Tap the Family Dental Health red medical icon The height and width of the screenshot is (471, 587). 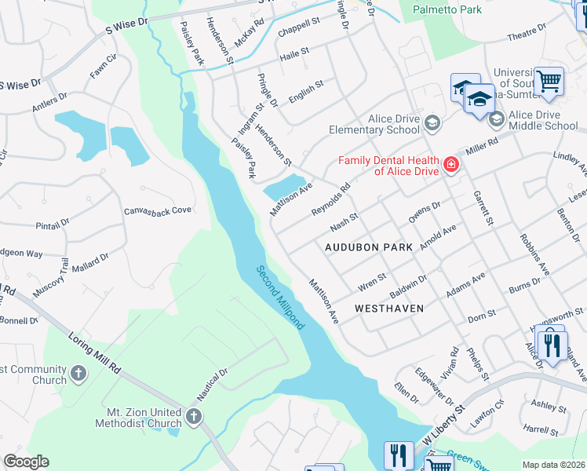450,165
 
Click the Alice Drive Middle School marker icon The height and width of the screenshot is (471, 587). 496,119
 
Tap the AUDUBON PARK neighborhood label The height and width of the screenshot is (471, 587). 369,246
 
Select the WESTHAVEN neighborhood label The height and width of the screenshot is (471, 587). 389,309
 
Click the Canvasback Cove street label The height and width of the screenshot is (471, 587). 158,210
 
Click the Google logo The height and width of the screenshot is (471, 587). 26,462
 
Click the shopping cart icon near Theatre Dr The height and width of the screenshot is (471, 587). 549,81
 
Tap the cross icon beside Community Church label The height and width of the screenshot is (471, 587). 78,373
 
